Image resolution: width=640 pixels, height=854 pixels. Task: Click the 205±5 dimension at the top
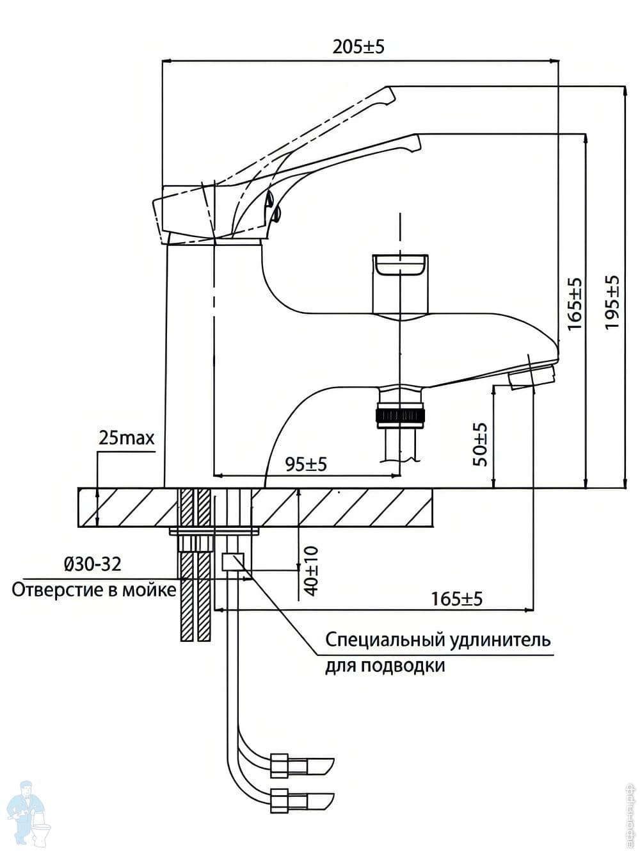coord(358,47)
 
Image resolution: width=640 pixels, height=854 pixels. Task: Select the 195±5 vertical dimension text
coord(613,302)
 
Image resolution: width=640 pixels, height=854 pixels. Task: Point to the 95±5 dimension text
coord(306,463)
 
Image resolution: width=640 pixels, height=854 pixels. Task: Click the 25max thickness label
coord(127,438)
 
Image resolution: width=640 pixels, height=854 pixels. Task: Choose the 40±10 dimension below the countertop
coord(311,571)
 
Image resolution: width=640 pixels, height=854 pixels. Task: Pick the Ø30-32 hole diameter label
coord(93,564)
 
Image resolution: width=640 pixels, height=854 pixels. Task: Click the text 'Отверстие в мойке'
coord(93,589)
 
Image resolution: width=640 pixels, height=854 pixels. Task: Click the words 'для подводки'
coord(385,666)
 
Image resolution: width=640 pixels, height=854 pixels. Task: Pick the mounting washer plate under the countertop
coord(213,531)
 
